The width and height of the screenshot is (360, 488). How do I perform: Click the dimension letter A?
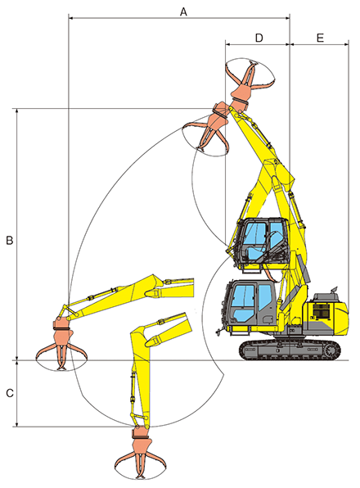[x=183, y=11]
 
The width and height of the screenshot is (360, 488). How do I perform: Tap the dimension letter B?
[x=10, y=240]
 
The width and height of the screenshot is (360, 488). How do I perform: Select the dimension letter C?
[x=10, y=393]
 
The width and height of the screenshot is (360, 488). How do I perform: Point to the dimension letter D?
[x=259, y=38]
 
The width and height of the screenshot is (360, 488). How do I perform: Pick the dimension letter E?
[x=320, y=38]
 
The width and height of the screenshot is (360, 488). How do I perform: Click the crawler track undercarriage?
[x=290, y=350]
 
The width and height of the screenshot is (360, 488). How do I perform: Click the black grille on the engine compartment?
[x=322, y=311]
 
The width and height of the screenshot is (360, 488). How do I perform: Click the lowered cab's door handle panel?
[x=267, y=319]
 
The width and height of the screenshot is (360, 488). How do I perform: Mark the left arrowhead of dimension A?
[x=70, y=18]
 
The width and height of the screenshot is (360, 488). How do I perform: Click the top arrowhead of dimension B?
[x=17, y=111]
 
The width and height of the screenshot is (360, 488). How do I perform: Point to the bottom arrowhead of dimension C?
[x=17, y=424]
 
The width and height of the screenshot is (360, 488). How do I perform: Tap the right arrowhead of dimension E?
[x=346, y=44]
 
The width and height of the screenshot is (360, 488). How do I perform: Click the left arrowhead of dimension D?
[x=228, y=44]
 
